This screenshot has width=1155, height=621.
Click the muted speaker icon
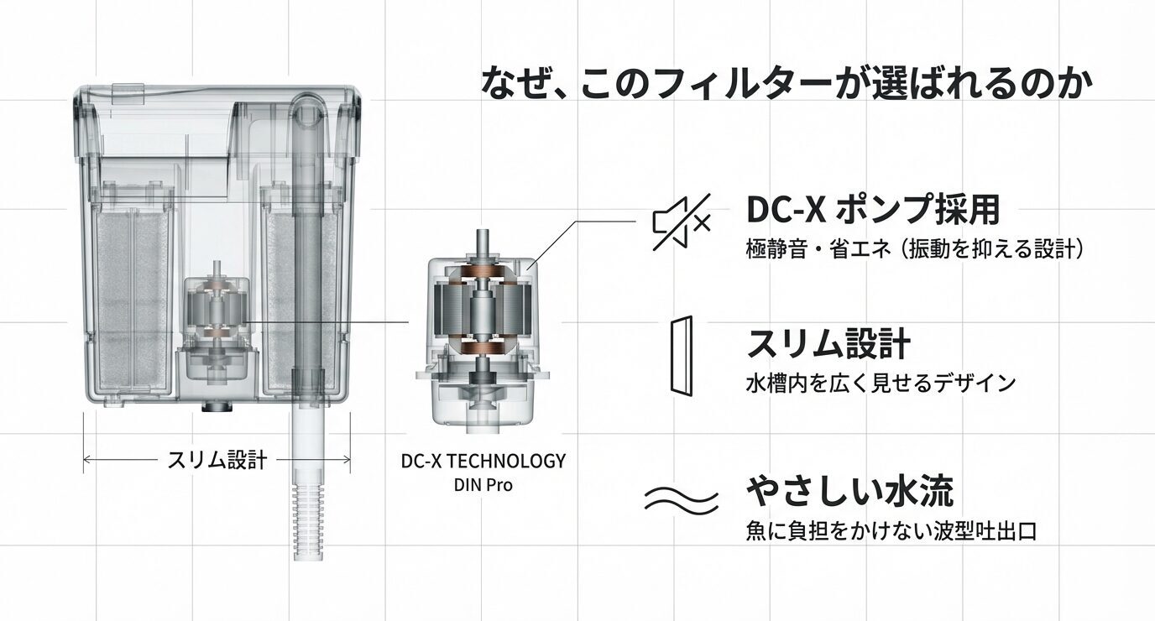coord(682,222)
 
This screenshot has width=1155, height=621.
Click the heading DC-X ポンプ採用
coord(872,210)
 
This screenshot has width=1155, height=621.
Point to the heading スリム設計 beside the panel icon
coord(828,344)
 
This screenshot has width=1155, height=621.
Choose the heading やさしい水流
coord(849,491)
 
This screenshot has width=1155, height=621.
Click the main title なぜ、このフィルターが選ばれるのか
coord(788,84)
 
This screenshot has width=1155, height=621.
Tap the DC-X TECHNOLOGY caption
coord(483,461)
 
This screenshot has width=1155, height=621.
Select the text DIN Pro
coord(483,484)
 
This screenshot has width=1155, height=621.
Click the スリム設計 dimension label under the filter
coord(217,460)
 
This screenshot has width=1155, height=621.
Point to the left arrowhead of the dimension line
coord(86,460)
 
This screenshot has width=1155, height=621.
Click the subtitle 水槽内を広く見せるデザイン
coord(881,384)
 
